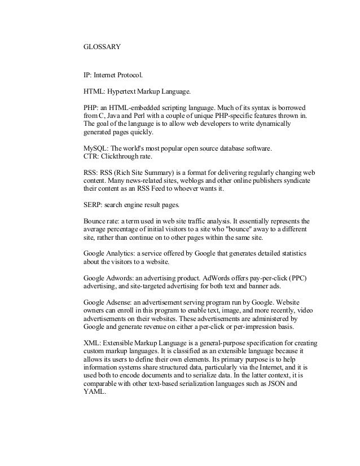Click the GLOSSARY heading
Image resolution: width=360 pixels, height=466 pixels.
click(101, 47)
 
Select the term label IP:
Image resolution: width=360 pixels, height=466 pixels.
click(87, 74)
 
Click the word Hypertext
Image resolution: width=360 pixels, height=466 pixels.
click(128, 90)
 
